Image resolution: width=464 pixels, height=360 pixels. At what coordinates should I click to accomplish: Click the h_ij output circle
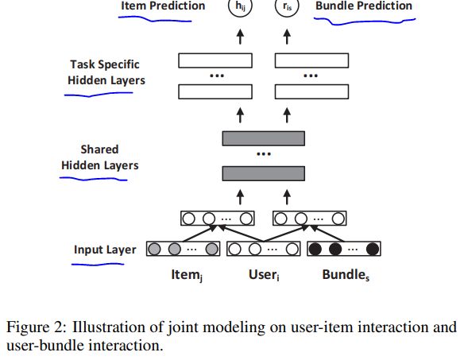tap(240, 6)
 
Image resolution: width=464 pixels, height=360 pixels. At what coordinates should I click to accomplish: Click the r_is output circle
tap(287, 6)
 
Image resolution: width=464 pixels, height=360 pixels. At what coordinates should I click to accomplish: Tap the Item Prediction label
tap(163, 6)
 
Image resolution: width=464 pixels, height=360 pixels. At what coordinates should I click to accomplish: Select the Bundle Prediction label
tap(364, 6)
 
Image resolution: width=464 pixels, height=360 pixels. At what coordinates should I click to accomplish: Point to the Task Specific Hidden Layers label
tap(106, 72)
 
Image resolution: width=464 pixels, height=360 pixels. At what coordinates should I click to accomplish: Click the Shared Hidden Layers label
tap(100, 157)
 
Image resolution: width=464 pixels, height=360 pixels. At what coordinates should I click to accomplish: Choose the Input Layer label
tap(105, 250)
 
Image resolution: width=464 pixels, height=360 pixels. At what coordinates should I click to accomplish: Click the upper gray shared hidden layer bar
tap(263, 138)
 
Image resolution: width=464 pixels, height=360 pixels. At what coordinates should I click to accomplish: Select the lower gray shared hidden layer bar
tap(263, 173)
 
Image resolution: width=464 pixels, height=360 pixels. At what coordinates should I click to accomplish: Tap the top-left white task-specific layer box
tap(215, 60)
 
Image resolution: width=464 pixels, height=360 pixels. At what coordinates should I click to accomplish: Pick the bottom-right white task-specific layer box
tap(311, 91)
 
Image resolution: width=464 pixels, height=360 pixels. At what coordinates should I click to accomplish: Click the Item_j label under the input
tap(187, 275)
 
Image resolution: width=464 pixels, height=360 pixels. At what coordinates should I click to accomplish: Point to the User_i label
tap(264, 275)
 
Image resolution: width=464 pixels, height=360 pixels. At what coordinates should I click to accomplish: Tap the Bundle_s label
tap(346, 275)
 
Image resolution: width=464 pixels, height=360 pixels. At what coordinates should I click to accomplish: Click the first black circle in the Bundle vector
tap(315, 249)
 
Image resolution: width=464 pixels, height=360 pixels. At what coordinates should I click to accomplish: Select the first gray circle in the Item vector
tap(154, 249)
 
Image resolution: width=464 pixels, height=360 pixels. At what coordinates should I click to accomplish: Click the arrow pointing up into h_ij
tap(240, 37)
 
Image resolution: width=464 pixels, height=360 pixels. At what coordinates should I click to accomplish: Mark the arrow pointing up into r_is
tap(287, 37)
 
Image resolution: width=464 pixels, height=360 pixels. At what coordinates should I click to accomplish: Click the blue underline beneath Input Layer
tap(98, 264)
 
